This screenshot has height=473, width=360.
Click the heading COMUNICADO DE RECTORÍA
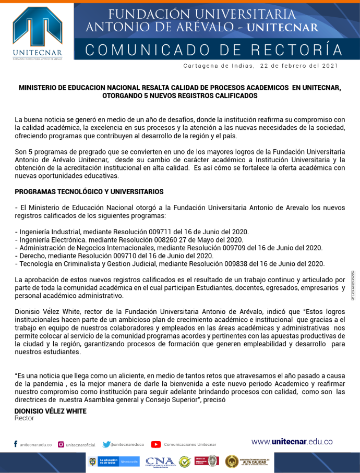(x=214, y=50)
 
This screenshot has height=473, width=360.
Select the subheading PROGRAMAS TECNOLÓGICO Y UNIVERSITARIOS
(x=89, y=192)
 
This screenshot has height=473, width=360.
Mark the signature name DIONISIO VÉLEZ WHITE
(x=51, y=411)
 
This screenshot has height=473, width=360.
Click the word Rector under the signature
(x=24, y=418)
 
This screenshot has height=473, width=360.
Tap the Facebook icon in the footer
(x=16, y=444)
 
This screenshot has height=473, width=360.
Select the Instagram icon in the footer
(x=61, y=444)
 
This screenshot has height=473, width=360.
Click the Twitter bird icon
(x=106, y=444)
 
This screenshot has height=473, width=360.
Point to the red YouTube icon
(x=156, y=444)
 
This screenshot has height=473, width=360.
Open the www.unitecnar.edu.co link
(x=292, y=442)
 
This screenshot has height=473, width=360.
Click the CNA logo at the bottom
(x=160, y=461)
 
